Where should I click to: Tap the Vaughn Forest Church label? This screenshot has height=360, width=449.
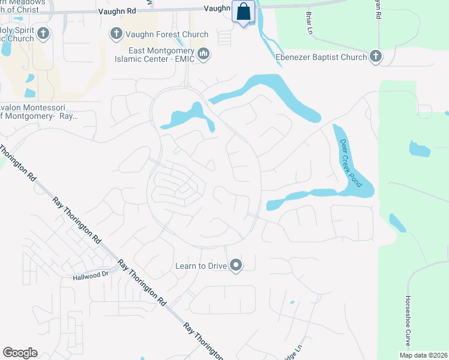coord(166,34)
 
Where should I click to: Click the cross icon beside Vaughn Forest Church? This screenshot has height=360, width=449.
coord(115,34)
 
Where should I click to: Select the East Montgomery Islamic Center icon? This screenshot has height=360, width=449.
coord(204,55)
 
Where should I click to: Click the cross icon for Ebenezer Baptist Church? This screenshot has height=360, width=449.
coord(376,57)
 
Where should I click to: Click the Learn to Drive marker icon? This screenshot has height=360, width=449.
coord(236,265)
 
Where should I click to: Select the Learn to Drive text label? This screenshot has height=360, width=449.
coord(201,265)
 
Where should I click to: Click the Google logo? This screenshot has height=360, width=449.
coord(20,353)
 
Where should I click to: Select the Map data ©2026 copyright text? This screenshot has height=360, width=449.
coord(423,355)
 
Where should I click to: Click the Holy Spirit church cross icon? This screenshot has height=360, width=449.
coord(43,34)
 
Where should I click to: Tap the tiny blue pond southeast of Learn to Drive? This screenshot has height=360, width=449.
coord(292,302)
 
